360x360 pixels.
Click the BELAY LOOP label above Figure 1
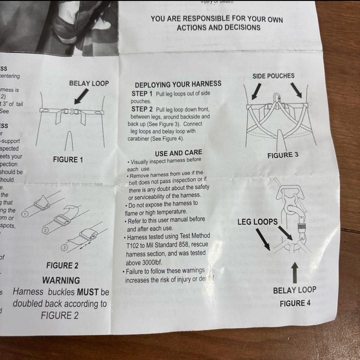[89, 83]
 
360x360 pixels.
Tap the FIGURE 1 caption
[68, 160]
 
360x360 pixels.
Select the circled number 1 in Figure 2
[24, 214]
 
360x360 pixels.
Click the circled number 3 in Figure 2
[65, 247]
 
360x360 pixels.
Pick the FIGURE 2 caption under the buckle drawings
[62, 266]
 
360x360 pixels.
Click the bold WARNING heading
[61, 280]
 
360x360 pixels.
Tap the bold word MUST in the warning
[88, 292]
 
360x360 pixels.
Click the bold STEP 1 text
[142, 94]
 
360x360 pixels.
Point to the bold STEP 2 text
[142, 109]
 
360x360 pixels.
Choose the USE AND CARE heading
[178, 153]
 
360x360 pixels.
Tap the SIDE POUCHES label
[273, 76]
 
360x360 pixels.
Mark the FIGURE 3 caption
[283, 155]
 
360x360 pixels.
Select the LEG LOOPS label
[257, 222]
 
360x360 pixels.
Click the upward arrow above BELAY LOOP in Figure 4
[295, 273]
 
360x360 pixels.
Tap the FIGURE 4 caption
[295, 303]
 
